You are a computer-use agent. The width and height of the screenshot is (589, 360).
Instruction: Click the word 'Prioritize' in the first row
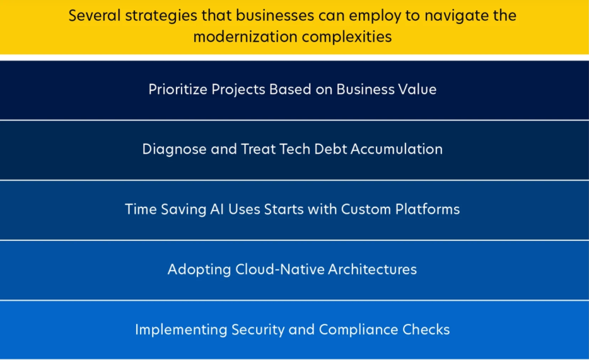pos(178,90)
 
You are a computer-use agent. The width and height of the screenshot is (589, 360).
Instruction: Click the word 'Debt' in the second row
pos(330,149)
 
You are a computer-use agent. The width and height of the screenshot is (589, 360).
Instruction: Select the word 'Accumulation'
pos(397,149)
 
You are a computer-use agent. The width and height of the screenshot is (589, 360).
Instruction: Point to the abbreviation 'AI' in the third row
pos(217,209)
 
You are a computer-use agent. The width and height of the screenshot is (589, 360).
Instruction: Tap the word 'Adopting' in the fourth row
pos(199,270)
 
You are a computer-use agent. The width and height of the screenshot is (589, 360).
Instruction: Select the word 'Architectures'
pos(373,269)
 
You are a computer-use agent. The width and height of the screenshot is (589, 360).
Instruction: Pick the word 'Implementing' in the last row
pos(181,330)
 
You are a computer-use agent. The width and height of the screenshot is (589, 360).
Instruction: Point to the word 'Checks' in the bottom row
pos(426,329)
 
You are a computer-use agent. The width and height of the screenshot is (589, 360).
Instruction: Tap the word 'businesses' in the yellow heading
pos(275,15)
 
